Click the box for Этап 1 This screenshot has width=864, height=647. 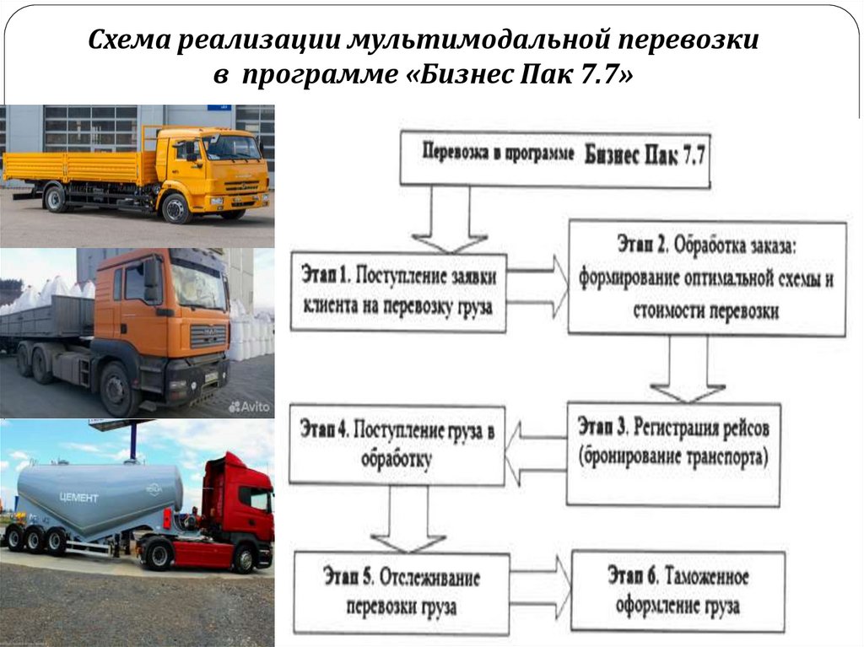398,292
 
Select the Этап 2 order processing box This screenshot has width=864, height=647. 706,278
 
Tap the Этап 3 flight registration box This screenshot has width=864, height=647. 672,453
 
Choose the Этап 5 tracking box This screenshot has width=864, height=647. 402,593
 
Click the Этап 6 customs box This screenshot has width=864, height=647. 678,591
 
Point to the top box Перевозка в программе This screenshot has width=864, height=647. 553,157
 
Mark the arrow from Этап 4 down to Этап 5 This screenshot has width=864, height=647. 408,520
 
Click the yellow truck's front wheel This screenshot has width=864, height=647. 175,208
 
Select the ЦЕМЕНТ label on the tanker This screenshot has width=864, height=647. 78,498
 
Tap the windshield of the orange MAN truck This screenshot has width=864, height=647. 199,284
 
